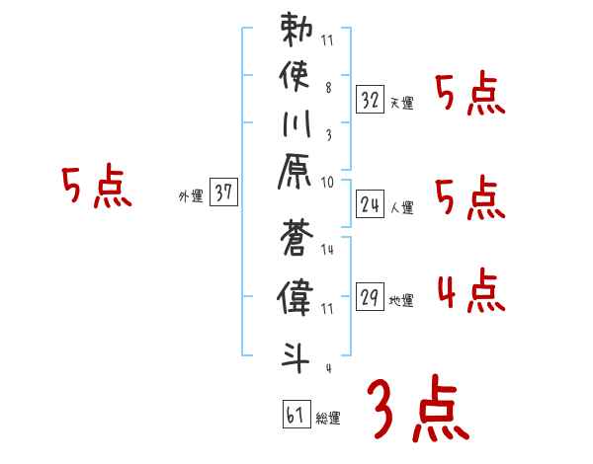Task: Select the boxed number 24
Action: (x=370, y=204)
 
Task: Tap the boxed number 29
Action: (x=370, y=297)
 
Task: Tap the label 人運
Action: (x=401, y=208)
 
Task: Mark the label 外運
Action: (x=191, y=196)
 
